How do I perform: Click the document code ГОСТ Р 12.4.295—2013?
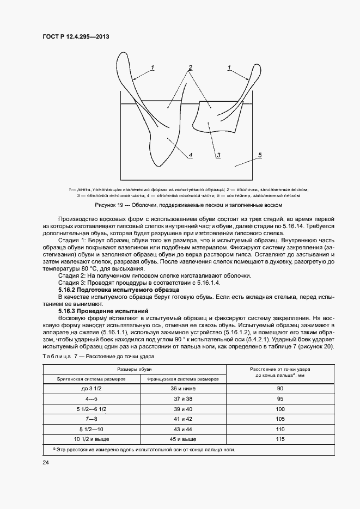pyautogui.click(x=79, y=37)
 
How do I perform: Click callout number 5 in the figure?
pyautogui.click(x=260, y=155)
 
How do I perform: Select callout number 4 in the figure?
pyautogui.click(x=191, y=155)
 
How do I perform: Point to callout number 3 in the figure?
pyautogui.click(x=218, y=155)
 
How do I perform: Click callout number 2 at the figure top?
pyautogui.click(x=191, y=68)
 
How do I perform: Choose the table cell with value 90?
pyautogui.click(x=280, y=388)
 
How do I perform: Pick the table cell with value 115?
pyautogui.click(x=280, y=439)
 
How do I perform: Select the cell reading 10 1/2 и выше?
pyautogui.click(x=91, y=439)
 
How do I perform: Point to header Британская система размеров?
pyautogui.click(x=91, y=378)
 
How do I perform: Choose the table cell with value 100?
pyautogui.click(x=280, y=408)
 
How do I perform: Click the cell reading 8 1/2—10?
pyautogui.click(x=91, y=428)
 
